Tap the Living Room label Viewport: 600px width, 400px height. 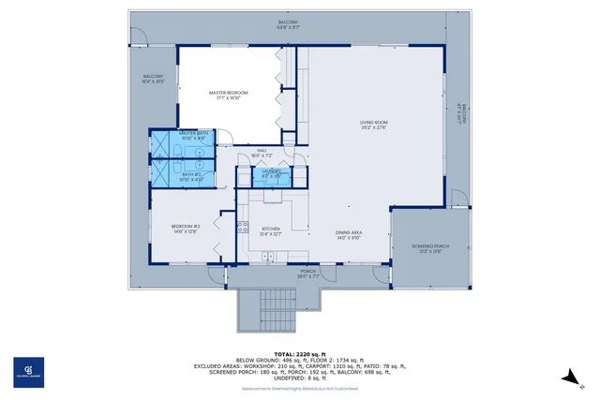[373, 125]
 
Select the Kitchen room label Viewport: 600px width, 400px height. [271, 231]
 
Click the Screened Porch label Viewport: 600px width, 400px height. [430, 247]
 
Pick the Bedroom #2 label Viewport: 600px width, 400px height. [185, 228]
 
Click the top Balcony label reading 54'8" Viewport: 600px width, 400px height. [288, 24]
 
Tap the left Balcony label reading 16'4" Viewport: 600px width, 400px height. [153, 79]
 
